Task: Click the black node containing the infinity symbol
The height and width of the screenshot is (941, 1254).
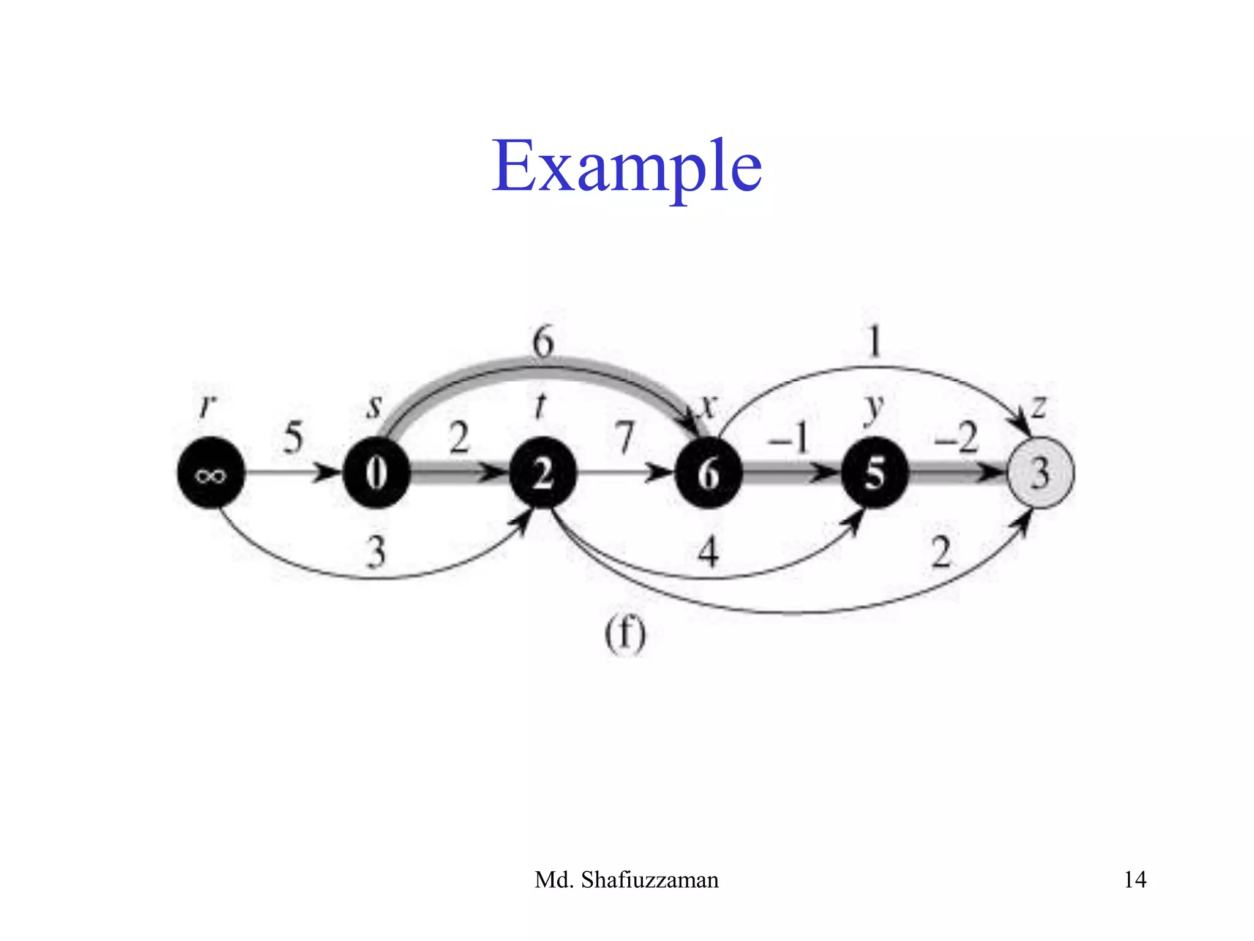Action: [x=211, y=472]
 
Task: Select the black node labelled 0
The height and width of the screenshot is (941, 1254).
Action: [x=377, y=472]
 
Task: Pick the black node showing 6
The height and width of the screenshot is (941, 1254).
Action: [x=708, y=472]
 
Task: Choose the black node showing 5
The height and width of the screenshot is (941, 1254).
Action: [x=874, y=472]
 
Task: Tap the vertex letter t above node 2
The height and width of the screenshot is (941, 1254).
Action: [x=540, y=405]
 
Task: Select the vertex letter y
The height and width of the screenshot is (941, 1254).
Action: [x=874, y=407]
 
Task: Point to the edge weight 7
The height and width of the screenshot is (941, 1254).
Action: [x=625, y=438]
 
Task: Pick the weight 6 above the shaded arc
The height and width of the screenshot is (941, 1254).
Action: [x=543, y=341]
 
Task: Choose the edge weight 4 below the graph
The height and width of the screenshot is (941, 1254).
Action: [x=708, y=551]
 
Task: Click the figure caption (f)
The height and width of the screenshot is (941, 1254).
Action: [x=625, y=635]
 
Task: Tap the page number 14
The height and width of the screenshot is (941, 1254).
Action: [x=1135, y=880]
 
